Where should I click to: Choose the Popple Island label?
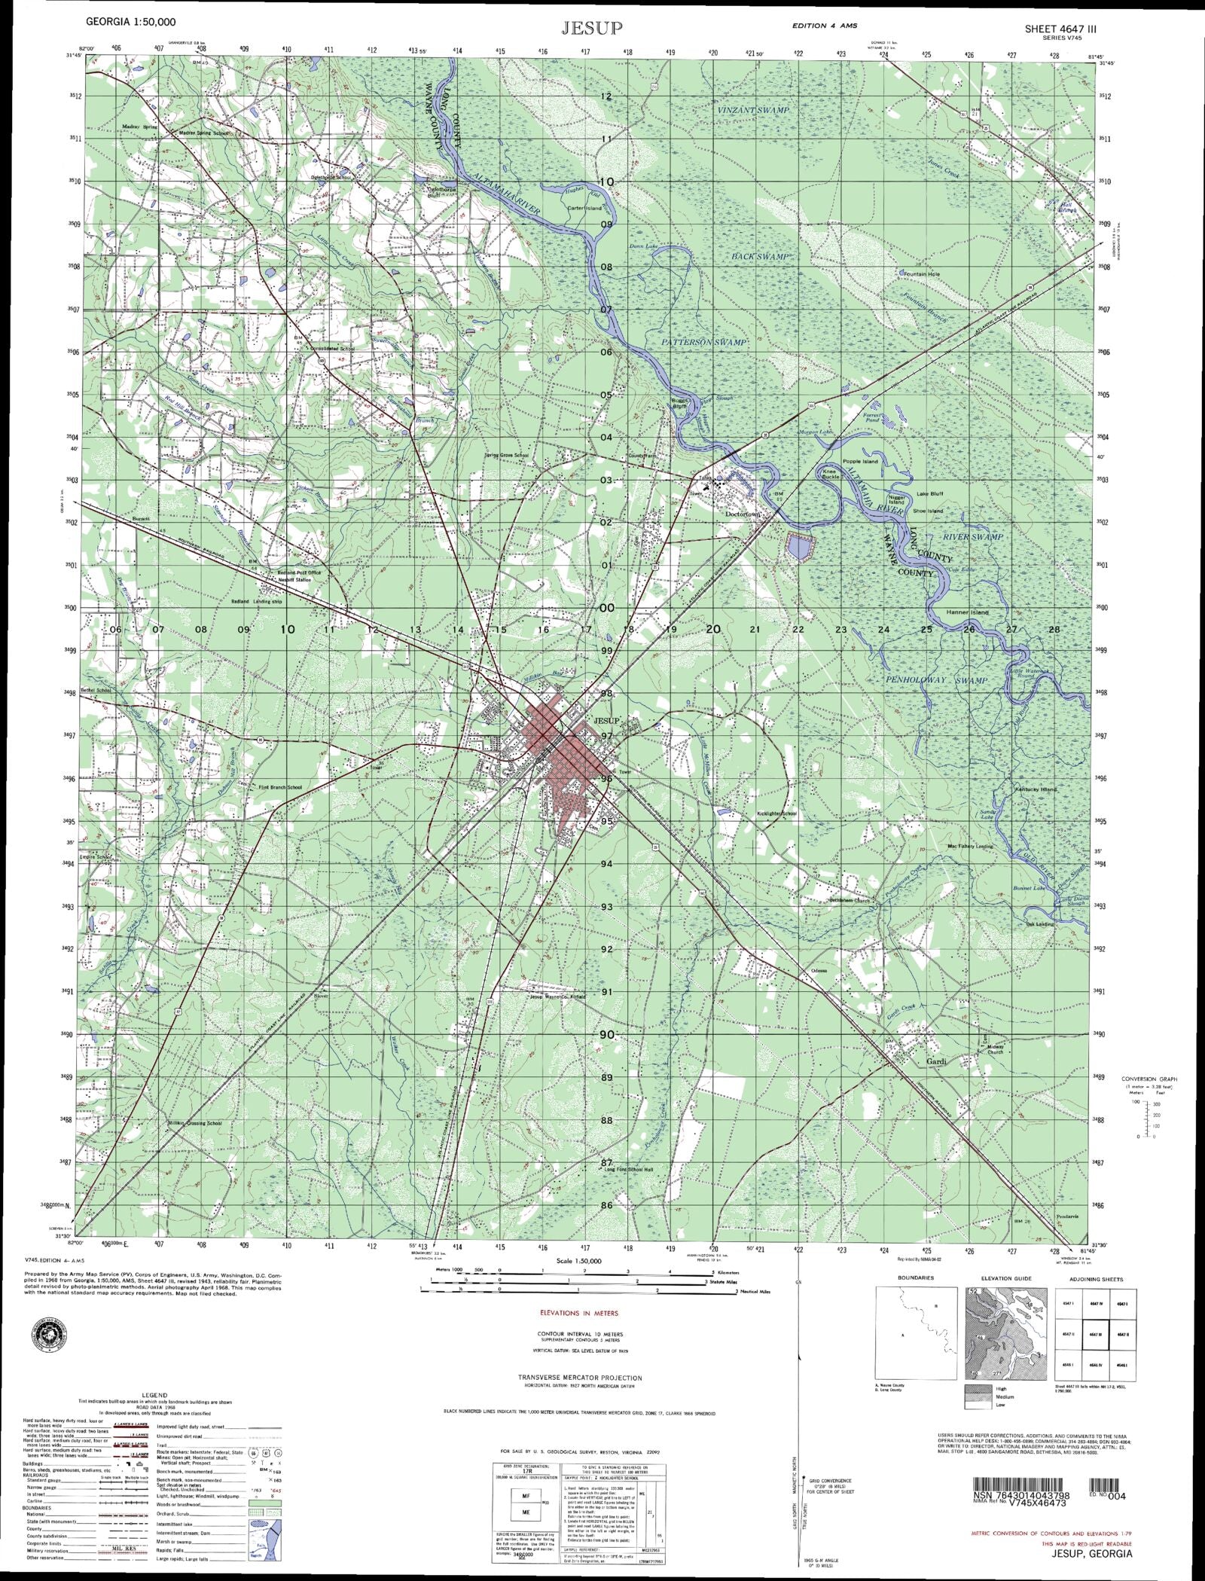click(x=860, y=461)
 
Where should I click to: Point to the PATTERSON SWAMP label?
click(x=703, y=343)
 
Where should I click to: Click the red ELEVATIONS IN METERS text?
click(x=579, y=1313)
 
